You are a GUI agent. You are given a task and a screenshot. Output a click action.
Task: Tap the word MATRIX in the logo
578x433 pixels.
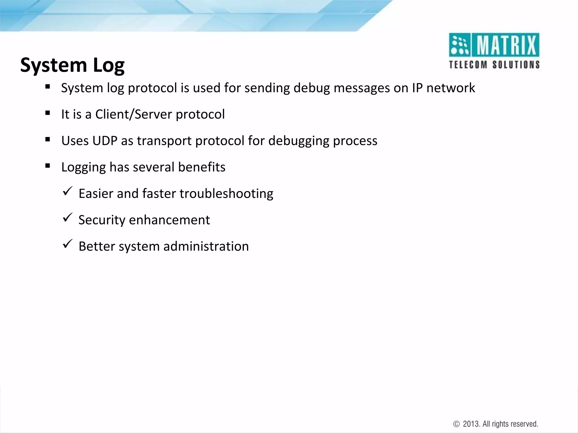pos(506,45)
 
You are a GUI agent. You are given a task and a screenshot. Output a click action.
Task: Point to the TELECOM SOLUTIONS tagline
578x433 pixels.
pos(494,65)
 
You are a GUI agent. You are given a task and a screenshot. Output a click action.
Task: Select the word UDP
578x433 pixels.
pos(105,141)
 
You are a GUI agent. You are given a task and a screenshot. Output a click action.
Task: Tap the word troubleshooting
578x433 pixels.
pos(226,194)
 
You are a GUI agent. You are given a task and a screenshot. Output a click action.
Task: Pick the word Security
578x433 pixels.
pos(102,220)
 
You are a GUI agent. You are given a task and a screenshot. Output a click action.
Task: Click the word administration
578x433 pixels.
pos(206,246)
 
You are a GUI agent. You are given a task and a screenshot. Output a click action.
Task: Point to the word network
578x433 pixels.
pos(450,88)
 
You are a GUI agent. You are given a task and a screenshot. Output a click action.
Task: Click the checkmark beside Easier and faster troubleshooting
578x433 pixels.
pos(67,192)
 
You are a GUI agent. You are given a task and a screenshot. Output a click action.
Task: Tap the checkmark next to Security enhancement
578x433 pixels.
pos(67,218)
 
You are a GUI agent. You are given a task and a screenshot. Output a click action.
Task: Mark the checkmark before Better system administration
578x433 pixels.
pos(67,244)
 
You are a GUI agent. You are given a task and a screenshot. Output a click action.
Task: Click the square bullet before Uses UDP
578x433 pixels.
pos(47,139)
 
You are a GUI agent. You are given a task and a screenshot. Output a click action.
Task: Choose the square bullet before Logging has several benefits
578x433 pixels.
pos(47,166)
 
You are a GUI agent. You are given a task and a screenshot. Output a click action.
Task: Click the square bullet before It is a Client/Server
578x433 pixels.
pos(47,113)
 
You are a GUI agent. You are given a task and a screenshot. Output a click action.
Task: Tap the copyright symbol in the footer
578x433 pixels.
pos(456,424)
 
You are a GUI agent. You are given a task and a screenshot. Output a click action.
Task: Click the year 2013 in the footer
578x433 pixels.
pos(471,424)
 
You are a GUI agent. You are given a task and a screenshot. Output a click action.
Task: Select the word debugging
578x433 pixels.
pos(299,141)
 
